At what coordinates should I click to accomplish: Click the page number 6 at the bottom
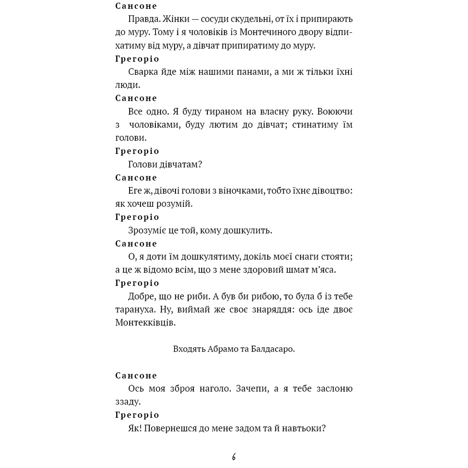[234, 457]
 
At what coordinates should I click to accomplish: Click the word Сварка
[142, 72]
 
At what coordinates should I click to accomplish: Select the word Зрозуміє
[147, 230]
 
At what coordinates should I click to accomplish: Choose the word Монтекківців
[145, 323]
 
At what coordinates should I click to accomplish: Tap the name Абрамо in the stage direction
[220, 349]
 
